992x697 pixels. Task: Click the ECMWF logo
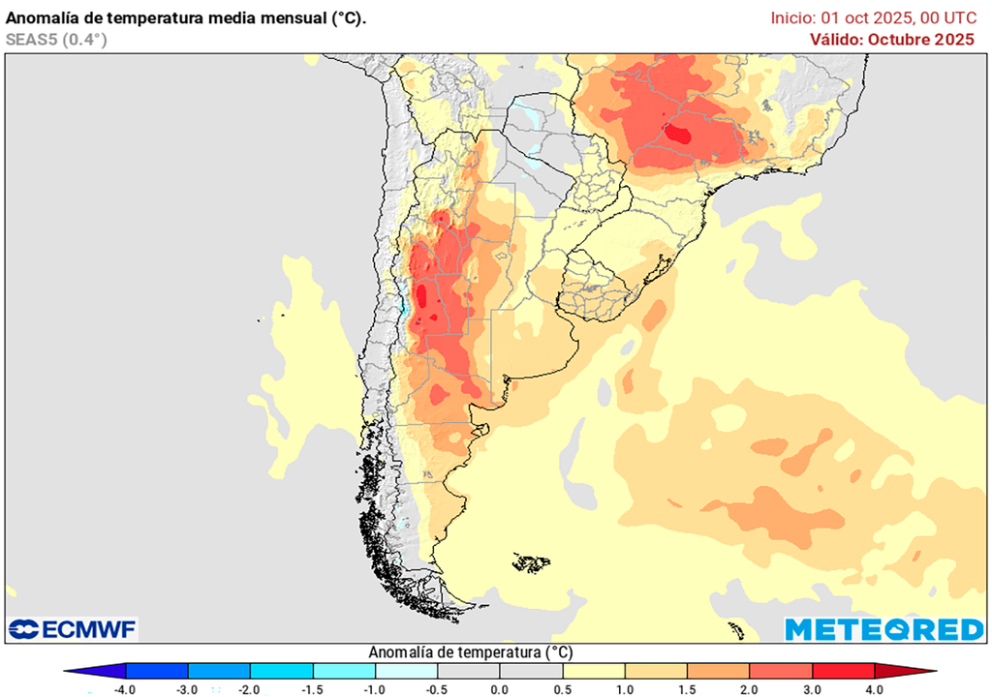pos(74,629)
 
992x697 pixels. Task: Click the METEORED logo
pos(883,629)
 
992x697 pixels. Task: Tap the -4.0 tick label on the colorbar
pos(124,689)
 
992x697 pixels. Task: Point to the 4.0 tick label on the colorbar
pos(874,689)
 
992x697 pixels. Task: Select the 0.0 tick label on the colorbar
pos(499,689)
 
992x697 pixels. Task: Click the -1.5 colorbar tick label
pos(312,689)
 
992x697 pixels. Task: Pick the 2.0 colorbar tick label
pos(749,689)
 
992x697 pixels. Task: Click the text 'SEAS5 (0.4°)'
pos(56,39)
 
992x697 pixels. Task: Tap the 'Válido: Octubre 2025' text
pos(892,39)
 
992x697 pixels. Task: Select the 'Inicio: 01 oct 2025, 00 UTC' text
pos(873,17)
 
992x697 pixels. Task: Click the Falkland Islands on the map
pos(532,561)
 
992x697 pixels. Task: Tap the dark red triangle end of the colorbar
pos(905,671)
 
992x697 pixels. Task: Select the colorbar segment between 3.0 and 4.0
pos(843,671)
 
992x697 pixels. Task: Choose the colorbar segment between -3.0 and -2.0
pos(219,671)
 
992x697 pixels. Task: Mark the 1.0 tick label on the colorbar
pos(624,689)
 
